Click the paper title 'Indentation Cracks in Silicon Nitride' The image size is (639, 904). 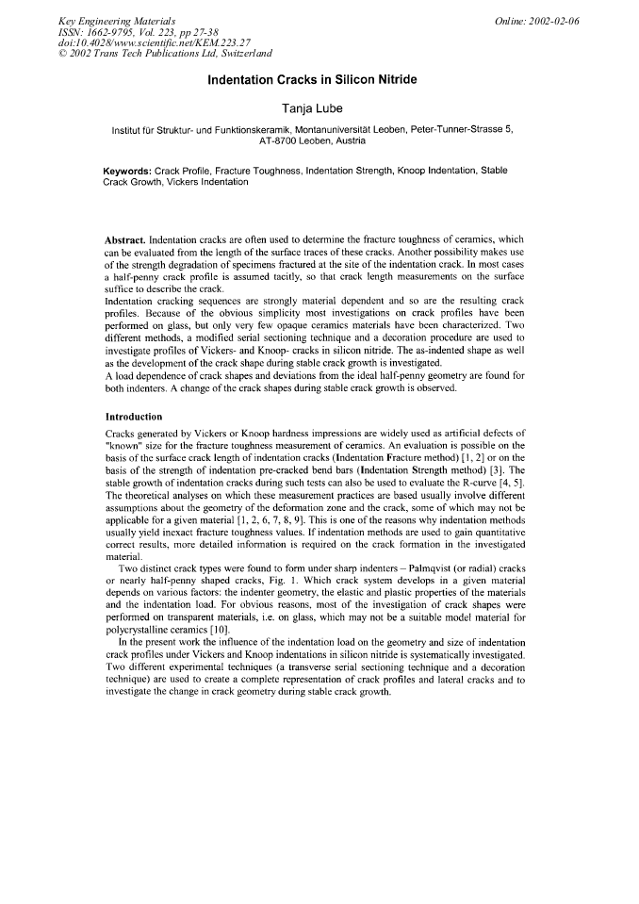click(319, 81)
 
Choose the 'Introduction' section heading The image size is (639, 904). click(134, 417)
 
